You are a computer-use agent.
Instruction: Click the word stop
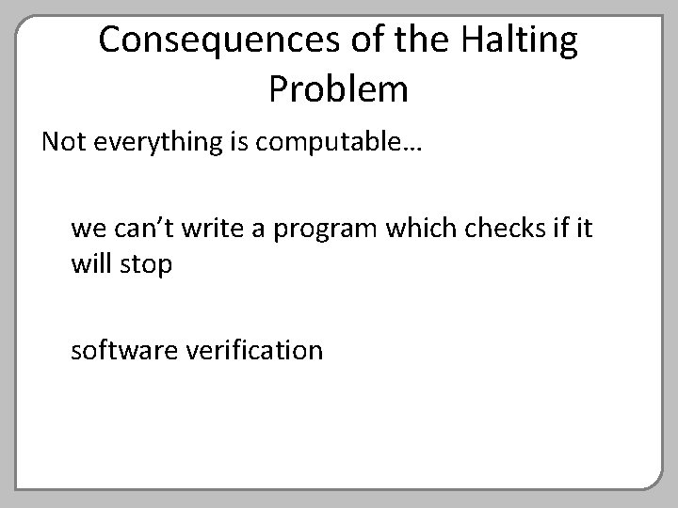click(x=146, y=265)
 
